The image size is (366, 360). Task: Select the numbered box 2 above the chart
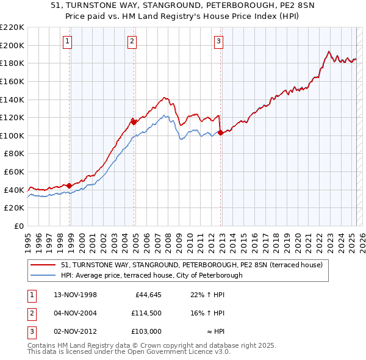coord(131,41)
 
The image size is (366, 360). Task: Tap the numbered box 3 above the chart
coord(218,41)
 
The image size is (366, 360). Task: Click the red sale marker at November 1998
coord(69,185)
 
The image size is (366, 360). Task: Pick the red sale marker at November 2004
coord(134,122)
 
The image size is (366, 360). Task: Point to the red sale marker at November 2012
coord(220,132)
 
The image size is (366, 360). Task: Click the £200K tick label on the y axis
coord(12,45)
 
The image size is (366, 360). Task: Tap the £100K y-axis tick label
coord(12,135)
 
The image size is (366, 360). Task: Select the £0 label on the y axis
coord(18,226)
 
